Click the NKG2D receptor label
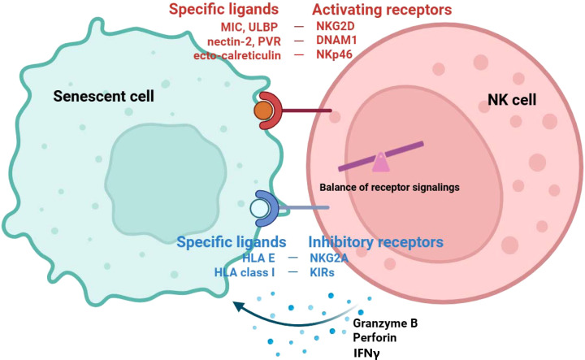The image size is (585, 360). [x=336, y=27]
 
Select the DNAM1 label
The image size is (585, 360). [x=336, y=41]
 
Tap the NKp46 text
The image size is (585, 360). [x=334, y=54]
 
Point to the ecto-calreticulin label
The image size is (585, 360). [x=237, y=55]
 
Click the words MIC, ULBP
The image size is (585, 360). [x=249, y=27]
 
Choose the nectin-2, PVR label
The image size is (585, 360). [x=244, y=41]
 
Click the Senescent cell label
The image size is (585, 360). [x=104, y=96]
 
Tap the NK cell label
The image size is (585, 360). [x=512, y=100]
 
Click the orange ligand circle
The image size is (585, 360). [x=263, y=111]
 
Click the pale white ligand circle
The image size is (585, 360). [x=260, y=209]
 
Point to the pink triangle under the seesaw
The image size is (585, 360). [x=380, y=163]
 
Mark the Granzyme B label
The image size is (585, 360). [x=385, y=323]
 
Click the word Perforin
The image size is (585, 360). [x=375, y=337]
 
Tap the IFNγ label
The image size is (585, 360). [x=366, y=353]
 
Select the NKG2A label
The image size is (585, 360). [x=329, y=258]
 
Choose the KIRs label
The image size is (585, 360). [x=322, y=272]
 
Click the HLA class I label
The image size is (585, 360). [x=245, y=272]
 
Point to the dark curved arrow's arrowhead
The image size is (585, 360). [x=238, y=306]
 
